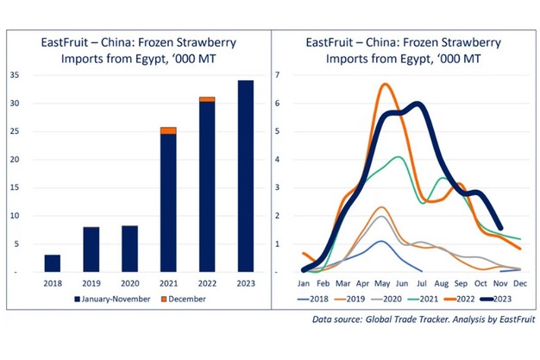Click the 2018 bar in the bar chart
click(53, 263)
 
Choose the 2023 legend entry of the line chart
click(498, 299)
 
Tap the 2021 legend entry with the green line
click(424, 299)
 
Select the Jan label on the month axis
click(304, 281)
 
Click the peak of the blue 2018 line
click(380, 242)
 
